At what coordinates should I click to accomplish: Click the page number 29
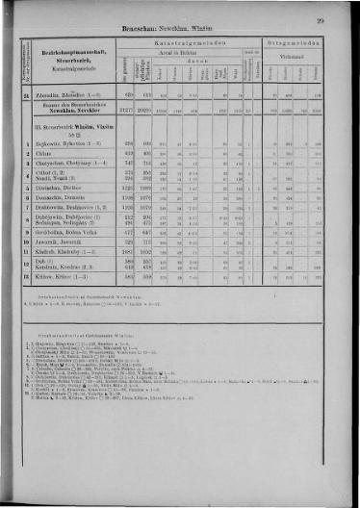point(320,18)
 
